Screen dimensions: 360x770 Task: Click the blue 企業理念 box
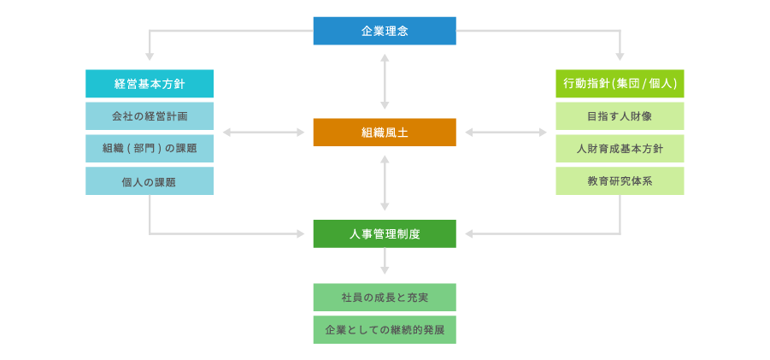385,31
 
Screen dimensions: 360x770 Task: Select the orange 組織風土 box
385,133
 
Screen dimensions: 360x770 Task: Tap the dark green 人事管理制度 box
385,233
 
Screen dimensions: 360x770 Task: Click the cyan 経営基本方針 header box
150,84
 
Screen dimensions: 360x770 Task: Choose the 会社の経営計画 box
150,115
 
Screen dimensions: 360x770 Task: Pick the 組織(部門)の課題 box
150,148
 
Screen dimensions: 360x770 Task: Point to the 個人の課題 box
150,181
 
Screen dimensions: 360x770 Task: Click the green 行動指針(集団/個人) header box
620,84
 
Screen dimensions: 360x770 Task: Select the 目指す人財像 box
620,115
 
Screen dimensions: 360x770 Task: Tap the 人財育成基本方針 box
620,148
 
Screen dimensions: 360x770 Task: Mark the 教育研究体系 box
620,181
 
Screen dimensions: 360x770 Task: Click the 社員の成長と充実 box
385,298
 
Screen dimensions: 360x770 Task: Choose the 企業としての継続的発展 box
385,329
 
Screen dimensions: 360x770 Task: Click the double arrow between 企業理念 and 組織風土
385,81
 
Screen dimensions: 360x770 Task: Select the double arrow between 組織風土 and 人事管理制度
385,183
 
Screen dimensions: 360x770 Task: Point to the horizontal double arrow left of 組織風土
263,133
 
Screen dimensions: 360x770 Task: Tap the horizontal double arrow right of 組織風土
506,133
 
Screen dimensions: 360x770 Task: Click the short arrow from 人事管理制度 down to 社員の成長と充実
385,262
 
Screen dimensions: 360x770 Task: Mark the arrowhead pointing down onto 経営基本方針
150,56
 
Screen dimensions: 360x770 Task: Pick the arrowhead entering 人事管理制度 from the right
469,233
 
